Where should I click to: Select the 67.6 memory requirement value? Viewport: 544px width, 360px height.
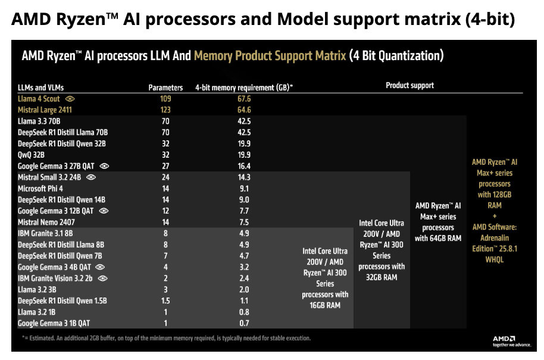pos(244,99)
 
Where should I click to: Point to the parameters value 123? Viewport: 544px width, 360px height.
pos(165,110)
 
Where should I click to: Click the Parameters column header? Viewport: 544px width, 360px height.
pos(165,87)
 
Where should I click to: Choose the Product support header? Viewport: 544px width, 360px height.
pos(409,86)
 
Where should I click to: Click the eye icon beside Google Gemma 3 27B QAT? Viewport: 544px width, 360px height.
pos(105,166)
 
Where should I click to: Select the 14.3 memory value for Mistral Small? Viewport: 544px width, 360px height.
pos(244,177)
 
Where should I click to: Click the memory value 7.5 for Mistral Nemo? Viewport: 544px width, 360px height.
pos(244,222)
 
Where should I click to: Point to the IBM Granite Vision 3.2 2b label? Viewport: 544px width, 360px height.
pos(57,278)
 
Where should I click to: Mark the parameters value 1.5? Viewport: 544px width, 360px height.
pos(165,300)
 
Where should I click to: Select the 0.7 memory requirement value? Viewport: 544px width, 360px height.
pos(244,323)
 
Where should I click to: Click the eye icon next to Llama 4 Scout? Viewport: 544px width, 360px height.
pos(70,99)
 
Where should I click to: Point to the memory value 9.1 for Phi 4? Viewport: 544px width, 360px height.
pos(244,189)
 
